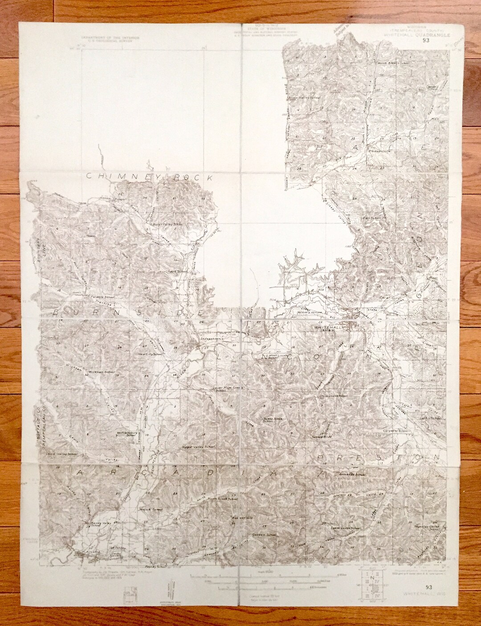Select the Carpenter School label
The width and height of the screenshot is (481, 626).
395,431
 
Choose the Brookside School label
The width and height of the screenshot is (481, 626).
352,475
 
